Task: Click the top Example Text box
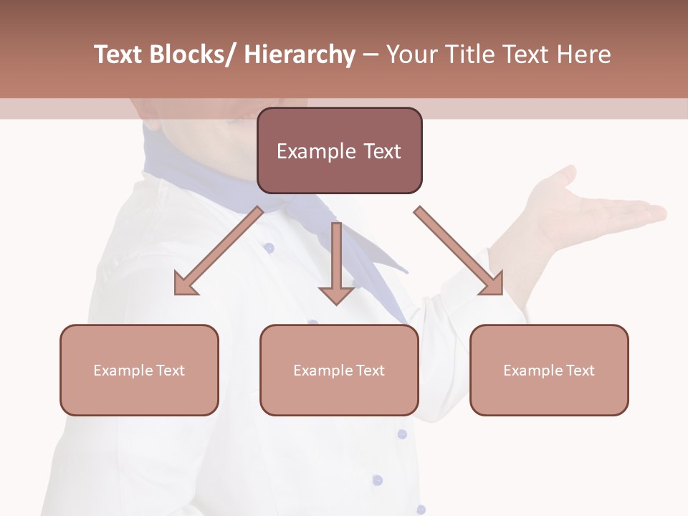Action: coord(339,150)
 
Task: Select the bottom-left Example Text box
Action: coord(139,370)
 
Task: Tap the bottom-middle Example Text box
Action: coord(339,370)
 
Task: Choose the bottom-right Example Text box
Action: coord(549,370)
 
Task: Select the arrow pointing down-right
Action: coord(459,252)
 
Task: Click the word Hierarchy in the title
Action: coord(300,54)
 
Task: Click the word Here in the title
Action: coord(583,54)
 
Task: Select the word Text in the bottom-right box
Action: coord(580,370)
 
